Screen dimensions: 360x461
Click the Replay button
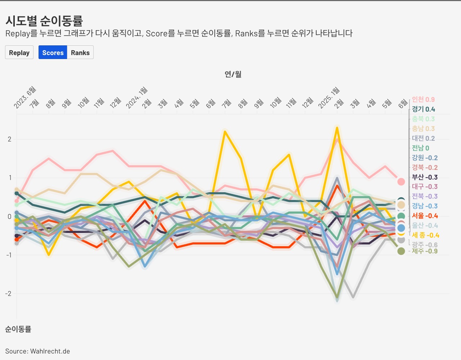point(19,53)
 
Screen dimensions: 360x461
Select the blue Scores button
point(53,53)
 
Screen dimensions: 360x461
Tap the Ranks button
point(80,53)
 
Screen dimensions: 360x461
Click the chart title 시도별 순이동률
point(44,21)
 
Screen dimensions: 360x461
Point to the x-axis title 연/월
point(233,74)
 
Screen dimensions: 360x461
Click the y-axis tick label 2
point(10,139)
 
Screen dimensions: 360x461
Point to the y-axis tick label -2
point(8,293)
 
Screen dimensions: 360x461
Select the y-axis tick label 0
point(10,216)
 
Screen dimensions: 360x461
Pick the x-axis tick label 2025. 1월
point(328,98)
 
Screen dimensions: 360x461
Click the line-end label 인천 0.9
point(423,99)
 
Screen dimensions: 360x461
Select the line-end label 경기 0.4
point(423,109)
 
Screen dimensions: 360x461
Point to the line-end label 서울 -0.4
point(425,216)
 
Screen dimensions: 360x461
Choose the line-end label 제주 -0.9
point(425,251)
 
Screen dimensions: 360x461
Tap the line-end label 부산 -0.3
point(425,177)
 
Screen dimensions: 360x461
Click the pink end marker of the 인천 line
point(401,182)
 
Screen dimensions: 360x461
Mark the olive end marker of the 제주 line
point(401,251)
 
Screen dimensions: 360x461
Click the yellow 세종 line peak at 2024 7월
point(225,131)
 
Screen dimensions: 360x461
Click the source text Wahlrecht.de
point(50,351)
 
